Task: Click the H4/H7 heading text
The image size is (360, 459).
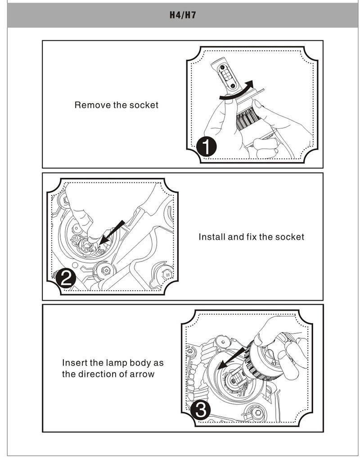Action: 183,15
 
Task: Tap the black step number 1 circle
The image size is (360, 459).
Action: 207,146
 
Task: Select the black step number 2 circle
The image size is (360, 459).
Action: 66,278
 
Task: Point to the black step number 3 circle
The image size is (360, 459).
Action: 201,410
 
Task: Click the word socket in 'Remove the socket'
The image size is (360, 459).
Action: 144,105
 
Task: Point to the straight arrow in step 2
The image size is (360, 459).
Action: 112,232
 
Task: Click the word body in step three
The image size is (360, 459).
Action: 140,363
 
